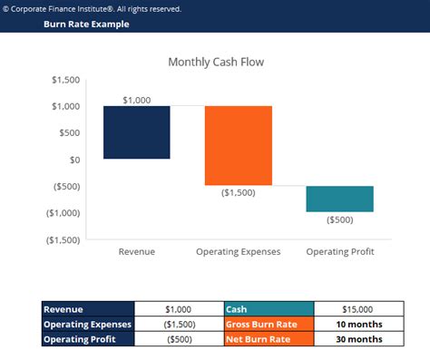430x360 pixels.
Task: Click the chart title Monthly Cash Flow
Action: (x=216, y=62)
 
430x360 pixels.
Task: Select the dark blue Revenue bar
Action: (x=136, y=132)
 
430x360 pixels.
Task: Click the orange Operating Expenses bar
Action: (x=238, y=145)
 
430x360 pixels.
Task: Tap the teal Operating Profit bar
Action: (x=339, y=199)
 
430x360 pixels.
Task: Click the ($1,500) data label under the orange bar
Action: (x=238, y=193)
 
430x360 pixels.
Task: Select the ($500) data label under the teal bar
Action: (x=339, y=219)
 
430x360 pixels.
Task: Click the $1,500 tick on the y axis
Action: (x=64, y=80)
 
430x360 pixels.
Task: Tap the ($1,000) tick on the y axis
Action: (x=61, y=213)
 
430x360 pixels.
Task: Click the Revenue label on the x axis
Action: (x=137, y=251)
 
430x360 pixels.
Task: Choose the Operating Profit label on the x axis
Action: (x=339, y=251)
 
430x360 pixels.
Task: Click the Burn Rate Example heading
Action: (x=86, y=24)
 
